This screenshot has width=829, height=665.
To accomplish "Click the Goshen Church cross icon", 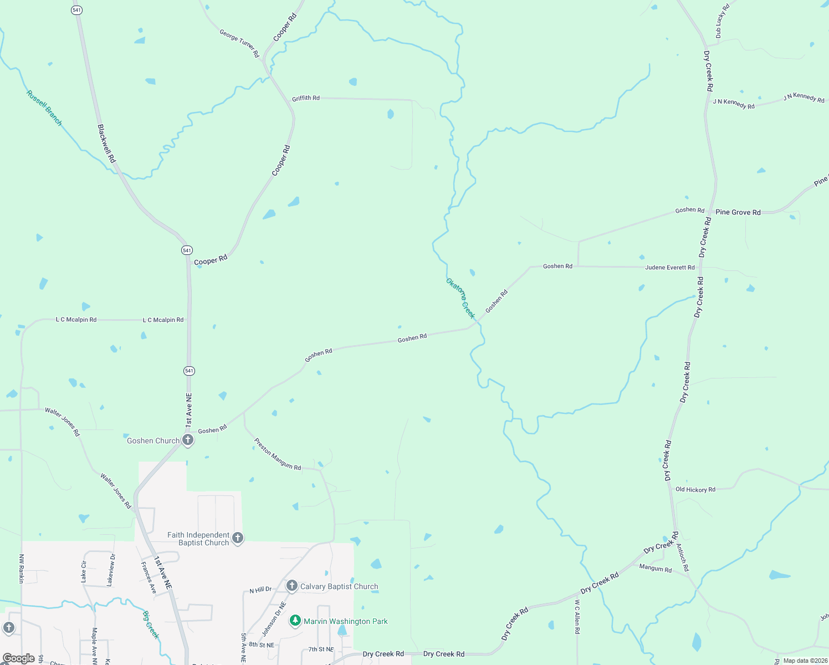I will pos(188,440).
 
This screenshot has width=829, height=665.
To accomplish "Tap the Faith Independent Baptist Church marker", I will pos(238,538).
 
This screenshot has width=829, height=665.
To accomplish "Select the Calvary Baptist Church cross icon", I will pos(292,586).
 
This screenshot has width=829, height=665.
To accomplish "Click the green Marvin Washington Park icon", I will pos(295,621).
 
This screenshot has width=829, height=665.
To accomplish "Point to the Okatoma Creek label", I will pos(460,298).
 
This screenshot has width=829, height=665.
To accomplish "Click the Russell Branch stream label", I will pos(44,108).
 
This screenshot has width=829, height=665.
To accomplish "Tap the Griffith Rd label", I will pos(306,98).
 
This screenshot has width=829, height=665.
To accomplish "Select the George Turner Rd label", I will pos(239,43).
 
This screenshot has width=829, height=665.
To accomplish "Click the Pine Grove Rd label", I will pos(738,212).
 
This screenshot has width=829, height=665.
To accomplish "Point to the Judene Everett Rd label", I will pos(669,268).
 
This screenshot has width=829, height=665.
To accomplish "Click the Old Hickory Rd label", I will pos(695,489).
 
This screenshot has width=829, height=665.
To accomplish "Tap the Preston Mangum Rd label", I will pos(278,454).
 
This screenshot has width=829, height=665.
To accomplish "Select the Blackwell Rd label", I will pos(106,143).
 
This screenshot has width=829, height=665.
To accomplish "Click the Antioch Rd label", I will pos(683,557).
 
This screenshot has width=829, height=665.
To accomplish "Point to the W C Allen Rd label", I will pos(577,616).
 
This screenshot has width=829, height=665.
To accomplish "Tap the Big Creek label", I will pos(151,625).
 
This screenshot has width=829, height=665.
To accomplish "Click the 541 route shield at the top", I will pos(76,10).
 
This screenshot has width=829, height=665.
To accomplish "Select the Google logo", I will pos(19,658).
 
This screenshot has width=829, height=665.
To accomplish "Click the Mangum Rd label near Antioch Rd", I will pos(655,568).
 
